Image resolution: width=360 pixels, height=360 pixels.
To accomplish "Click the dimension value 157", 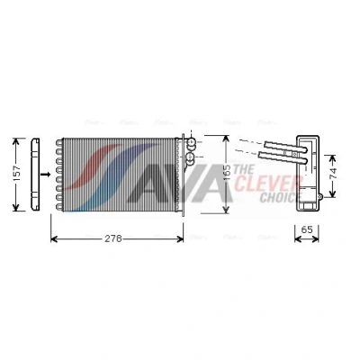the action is point(17,173).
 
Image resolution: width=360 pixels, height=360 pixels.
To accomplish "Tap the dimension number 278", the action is point(113,238).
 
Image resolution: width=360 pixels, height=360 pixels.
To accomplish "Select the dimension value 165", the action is point(228,172).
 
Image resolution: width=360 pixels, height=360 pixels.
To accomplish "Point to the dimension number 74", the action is point(333,174).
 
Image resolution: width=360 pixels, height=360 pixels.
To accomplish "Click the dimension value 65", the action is point(307,229).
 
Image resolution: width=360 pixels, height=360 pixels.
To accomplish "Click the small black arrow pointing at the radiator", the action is point(45,174).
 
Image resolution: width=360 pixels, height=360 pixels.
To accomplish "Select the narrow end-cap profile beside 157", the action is point(35,174).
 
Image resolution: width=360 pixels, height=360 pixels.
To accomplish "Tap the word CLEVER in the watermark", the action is point(267,184).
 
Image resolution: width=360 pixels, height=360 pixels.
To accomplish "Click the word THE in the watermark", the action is point(244,170).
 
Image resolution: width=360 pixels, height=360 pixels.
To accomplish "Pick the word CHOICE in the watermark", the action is point(281,197).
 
